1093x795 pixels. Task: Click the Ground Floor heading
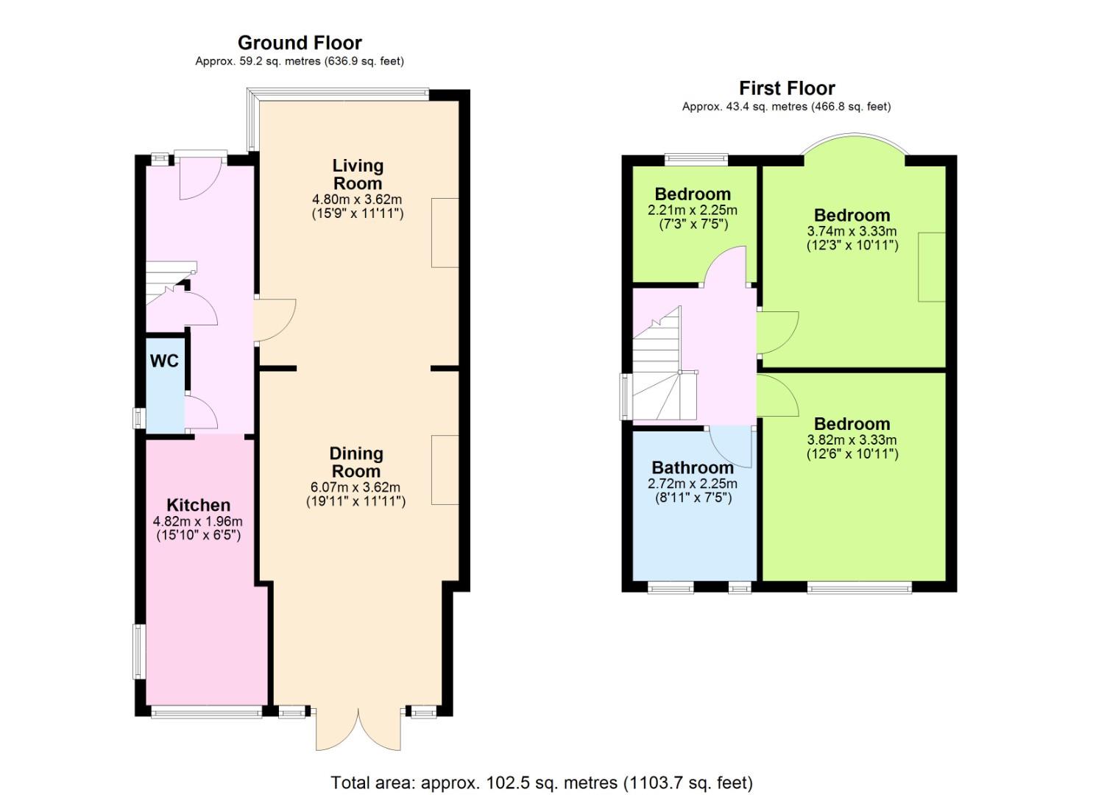300,43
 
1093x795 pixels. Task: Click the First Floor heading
787,88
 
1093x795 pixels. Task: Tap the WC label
164,361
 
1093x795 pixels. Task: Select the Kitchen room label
198,505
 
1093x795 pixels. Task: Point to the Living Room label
358,174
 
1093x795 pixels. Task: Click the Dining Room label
356,462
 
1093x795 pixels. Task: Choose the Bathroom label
693,467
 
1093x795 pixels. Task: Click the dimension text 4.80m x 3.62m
357,199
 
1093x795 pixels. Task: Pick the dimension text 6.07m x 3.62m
356,487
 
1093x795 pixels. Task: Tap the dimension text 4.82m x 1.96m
197,521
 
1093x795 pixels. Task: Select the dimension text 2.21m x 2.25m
692,211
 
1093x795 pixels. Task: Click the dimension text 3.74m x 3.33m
852,231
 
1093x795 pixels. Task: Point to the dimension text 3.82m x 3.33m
852,439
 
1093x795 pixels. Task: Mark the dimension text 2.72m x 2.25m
692,484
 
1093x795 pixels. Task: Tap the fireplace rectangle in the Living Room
445,233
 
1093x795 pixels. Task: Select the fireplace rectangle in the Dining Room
445,470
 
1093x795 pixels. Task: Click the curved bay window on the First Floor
853,134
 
